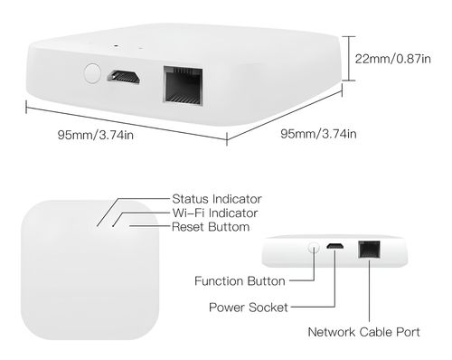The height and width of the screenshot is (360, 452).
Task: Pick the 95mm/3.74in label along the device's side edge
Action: click(318, 135)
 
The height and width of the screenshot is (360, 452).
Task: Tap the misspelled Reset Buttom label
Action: click(211, 227)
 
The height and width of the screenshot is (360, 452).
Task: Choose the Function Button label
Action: click(240, 280)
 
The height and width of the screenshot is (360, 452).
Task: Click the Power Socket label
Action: click(249, 308)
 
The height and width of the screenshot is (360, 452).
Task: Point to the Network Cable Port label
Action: click(363, 332)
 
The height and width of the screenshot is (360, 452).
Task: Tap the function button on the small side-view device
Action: click(314, 246)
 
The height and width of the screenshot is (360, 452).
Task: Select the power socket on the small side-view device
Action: click(334, 247)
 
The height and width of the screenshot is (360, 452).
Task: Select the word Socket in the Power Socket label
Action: click(268, 308)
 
